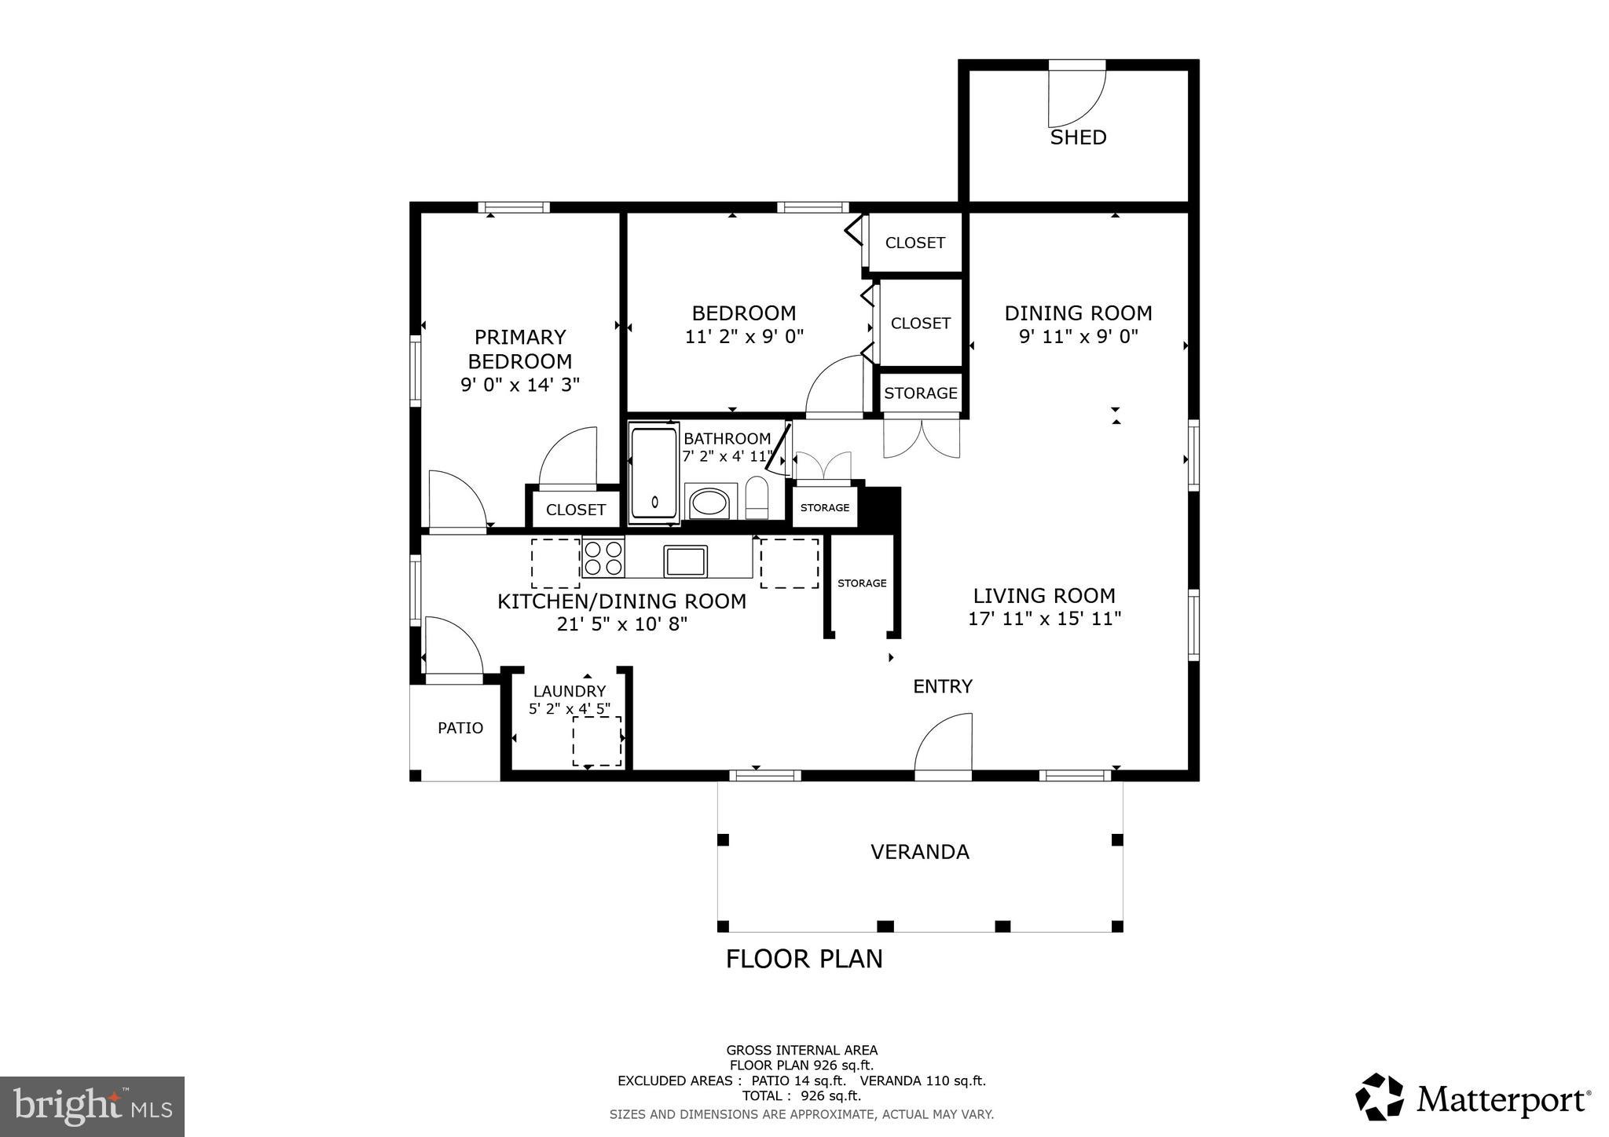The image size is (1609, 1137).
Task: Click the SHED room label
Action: [x=1078, y=137]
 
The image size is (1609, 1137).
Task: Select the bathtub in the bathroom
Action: [x=654, y=473]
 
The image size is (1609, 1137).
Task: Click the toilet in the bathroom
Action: [x=756, y=497]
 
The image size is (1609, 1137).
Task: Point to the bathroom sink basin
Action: [x=709, y=502]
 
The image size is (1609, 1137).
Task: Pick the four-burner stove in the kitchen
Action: [x=603, y=558]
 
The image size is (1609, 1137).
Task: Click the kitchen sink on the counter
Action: [x=685, y=561]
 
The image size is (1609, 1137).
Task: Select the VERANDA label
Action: [x=919, y=852]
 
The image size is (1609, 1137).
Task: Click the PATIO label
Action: [x=460, y=728]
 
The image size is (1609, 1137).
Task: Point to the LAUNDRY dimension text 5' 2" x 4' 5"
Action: [x=569, y=708]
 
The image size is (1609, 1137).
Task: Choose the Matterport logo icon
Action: [x=1380, y=1097]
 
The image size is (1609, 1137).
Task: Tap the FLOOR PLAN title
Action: [x=804, y=959]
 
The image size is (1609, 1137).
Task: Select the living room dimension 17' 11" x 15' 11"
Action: [x=1044, y=619]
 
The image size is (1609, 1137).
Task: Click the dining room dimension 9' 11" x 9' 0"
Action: [x=1078, y=337]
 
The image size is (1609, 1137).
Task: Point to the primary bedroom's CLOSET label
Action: [x=576, y=510]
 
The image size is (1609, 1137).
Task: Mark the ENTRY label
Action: [x=943, y=686]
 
